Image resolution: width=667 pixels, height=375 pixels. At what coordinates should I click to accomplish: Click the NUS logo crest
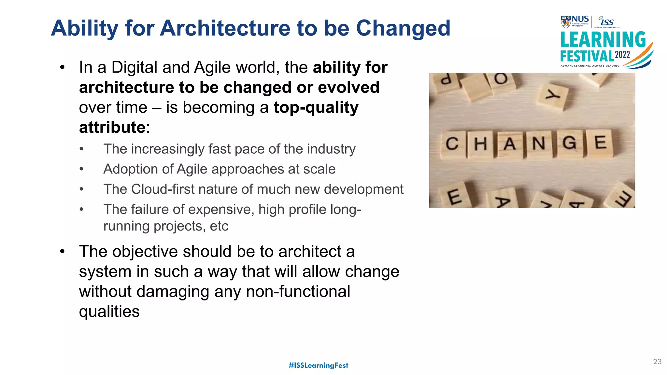(x=566, y=22)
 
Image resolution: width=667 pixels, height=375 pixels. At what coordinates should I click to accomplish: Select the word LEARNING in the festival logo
(x=603, y=40)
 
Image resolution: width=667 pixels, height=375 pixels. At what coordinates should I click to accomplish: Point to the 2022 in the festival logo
(x=622, y=55)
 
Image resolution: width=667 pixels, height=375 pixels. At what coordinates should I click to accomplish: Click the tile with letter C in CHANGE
(x=452, y=144)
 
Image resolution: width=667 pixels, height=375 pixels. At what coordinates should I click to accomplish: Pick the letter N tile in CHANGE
(x=539, y=143)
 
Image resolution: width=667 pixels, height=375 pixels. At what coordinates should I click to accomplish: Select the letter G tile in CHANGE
(x=569, y=143)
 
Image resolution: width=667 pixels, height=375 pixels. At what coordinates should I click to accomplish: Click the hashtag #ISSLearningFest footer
(x=318, y=365)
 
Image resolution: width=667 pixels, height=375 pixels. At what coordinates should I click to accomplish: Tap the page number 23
(x=657, y=362)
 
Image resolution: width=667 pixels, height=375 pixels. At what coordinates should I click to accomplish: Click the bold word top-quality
(x=316, y=108)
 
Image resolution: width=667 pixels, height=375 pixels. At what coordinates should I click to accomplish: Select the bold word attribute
(x=112, y=127)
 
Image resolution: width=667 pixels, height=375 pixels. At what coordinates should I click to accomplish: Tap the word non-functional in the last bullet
(x=298, y=291)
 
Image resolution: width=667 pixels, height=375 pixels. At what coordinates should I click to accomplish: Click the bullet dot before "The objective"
(x=62, y=251)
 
